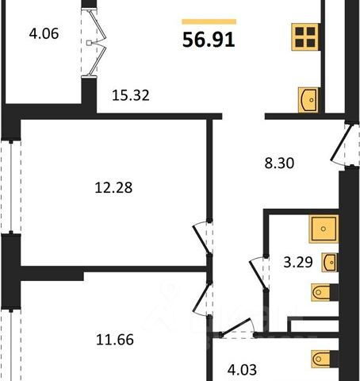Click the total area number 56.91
(x=209, y=40)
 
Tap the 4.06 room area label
(x=44, y=34)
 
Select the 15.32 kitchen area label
(x=131, y=95)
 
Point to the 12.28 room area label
(x=113, y=187)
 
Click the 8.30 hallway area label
(x=279, y=163)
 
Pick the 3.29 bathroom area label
(x=298, y=262)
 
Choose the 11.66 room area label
(x=115, y=340)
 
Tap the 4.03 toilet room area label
(x=242, y=370)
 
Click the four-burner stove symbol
(x=305, y=37)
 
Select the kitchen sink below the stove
(x=308, y=100)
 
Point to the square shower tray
(x=324, y=229)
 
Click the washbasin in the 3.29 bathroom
(x=329, y=262)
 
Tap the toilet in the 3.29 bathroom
(x=324, y=292)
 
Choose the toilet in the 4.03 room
(x=324, y=359)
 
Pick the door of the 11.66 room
(x=202, y=299)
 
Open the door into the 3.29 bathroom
(x=258, y=273)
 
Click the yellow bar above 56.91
(x=209, y=21)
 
